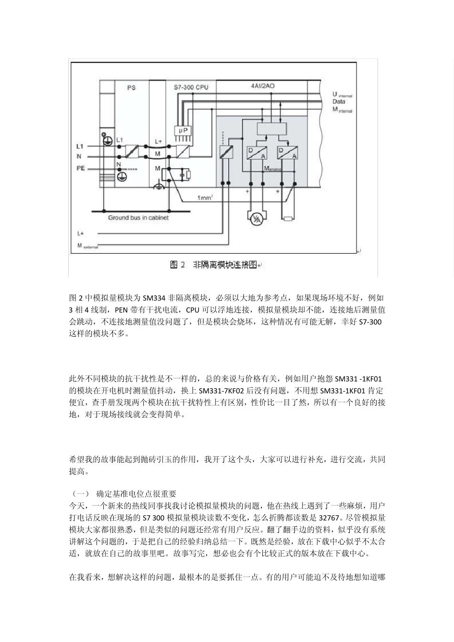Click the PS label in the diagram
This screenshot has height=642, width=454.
[x=131, y=88]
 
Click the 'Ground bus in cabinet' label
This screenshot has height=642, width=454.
[x=138, y=218]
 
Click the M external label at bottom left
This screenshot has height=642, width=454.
[x=87, y=246]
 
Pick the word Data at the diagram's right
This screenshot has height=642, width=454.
[x=339, y=102]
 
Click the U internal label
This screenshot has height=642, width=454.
[x=342, y=95]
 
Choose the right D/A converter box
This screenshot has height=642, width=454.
[x=288, y=152]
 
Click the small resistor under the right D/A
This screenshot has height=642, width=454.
[x=288, y=219]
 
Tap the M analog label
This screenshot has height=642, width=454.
[x=273, y=169]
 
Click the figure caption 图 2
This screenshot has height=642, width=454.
[x=177, y=265]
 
